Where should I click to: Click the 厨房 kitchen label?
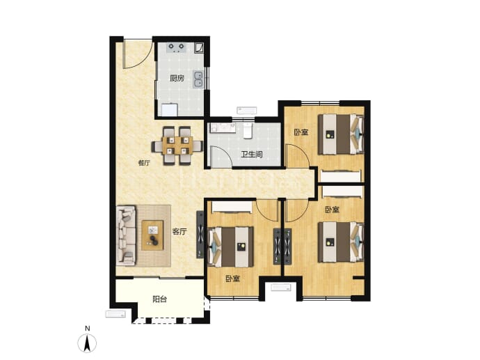(177, 79)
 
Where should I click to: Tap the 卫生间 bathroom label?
(252, 155)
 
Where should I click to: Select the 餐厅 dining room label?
(144, 163)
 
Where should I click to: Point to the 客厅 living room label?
(179, 232)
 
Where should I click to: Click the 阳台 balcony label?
(159, 299)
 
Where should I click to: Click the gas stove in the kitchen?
(177, 47)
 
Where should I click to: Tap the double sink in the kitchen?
(198, 79)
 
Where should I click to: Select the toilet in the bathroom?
(248, 130)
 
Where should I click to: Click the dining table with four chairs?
(177, 146)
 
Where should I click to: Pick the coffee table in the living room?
(152, 235)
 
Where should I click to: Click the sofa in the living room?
(126, 235)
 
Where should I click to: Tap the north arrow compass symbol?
(87, 343)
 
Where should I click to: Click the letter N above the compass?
(88, 329)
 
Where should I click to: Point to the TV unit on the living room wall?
(200, 235)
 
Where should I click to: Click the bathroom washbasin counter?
(223, 128)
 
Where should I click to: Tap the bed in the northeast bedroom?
(340, 134)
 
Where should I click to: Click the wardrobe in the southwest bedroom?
(232, 207)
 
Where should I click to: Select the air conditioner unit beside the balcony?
(115, 314)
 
